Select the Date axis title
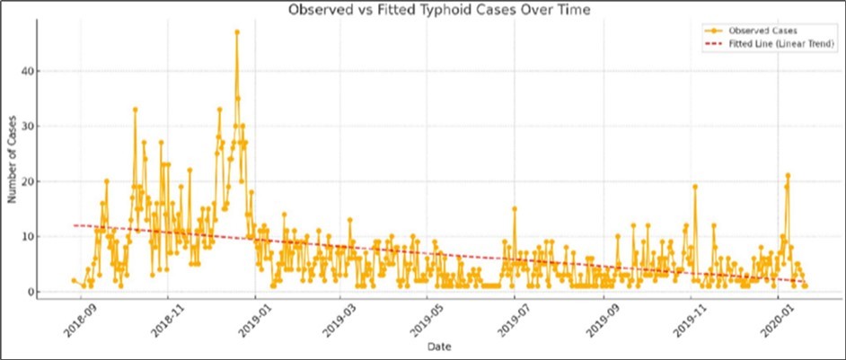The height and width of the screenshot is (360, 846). (440, 346)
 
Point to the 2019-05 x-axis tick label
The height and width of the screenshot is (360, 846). (426, 319)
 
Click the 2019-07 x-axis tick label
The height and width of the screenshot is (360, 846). (513, 319)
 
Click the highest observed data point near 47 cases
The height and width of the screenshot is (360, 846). (237, 31)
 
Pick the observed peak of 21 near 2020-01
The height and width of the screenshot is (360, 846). (788, 176)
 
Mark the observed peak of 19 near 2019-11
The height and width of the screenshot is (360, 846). (695, 187)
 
